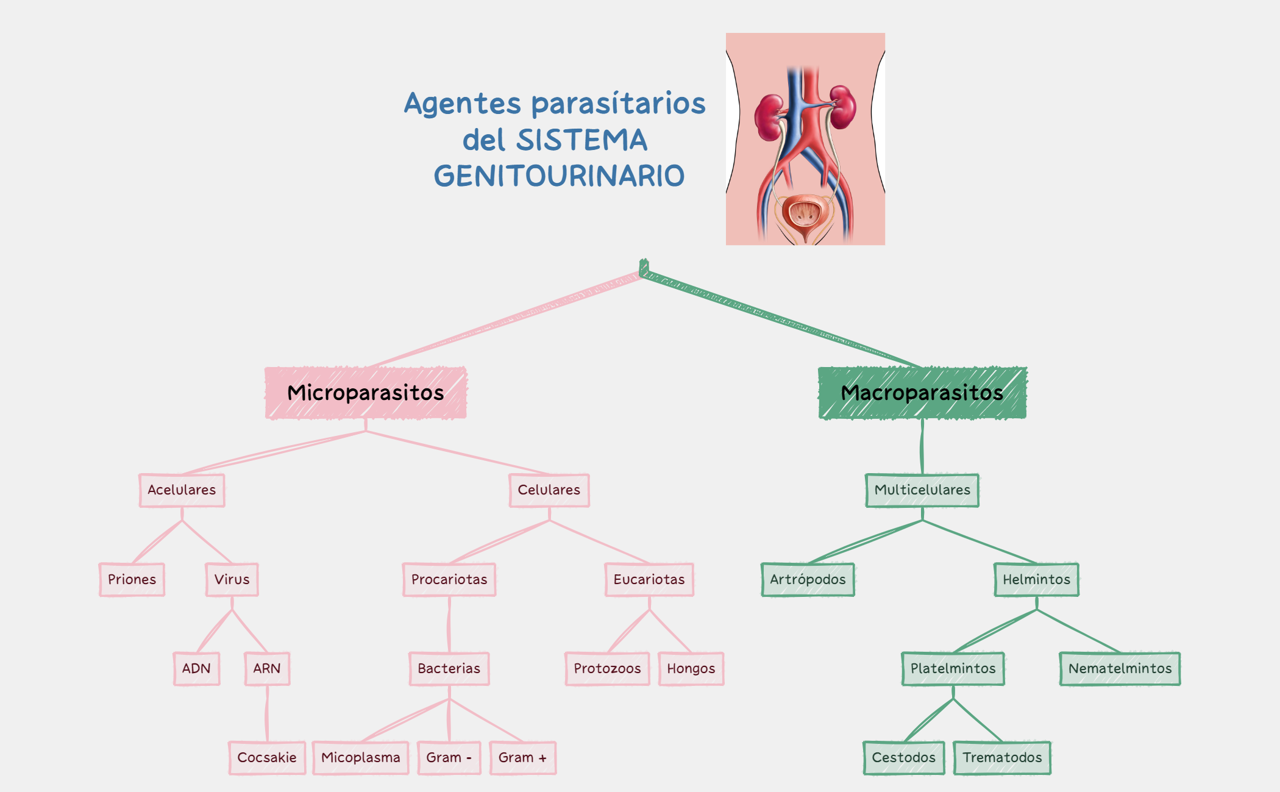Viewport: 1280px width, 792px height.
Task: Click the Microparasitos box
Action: tap(366, 393)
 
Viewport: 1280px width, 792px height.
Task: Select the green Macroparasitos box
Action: tap(922, 393)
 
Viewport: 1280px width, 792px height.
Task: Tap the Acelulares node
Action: tap(182, 490)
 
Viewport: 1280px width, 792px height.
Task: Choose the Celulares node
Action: tap(549, 490)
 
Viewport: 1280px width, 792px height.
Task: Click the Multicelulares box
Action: tap(922, 490)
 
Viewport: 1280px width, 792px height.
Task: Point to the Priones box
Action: tap(132, 579)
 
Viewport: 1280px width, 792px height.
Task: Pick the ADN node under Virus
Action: tap(196, 668)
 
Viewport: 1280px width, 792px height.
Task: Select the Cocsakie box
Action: tap(267, 757)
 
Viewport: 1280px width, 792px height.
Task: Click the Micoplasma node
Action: tap(360, 757)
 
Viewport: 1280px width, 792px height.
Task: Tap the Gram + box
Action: tap(522, 757)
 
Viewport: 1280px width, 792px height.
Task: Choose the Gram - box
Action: tap(449, 757)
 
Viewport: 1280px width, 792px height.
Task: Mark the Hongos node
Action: tap(691, 668)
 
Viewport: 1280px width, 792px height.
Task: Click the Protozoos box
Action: tap(607, 668)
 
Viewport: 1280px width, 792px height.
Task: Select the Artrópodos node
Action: tap(808, 579)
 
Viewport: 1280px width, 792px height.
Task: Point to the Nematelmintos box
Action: tap(1120, 668)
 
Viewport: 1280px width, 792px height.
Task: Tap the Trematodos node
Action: tap(1002, 757)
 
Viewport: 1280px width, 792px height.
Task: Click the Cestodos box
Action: tap(903, 757)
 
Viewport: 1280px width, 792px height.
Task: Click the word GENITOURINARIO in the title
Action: tap(559, 176)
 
